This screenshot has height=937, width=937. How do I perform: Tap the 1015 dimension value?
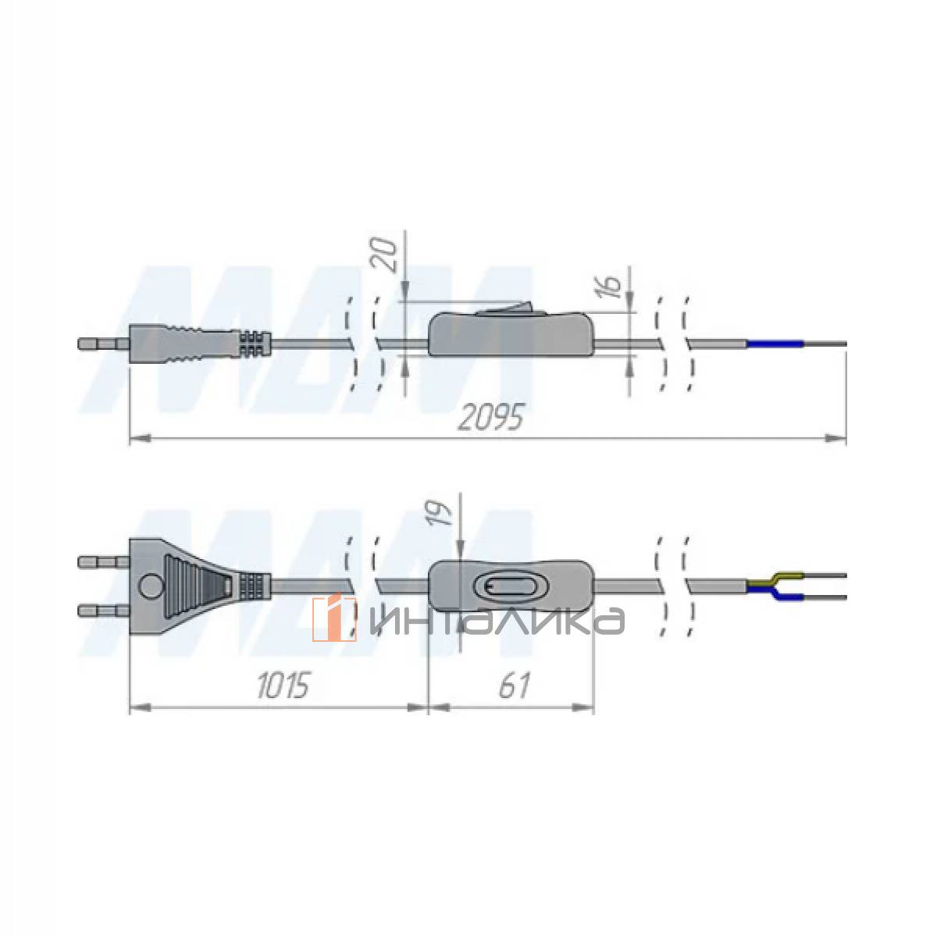(x=283, y=686)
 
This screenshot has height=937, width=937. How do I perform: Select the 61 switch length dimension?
(x=514, y=686)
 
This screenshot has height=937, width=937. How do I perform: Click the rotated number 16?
(x=613, y=287)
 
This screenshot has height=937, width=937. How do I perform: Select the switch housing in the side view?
(x=511, y=333)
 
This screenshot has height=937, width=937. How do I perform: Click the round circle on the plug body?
(x=150, y=586)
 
